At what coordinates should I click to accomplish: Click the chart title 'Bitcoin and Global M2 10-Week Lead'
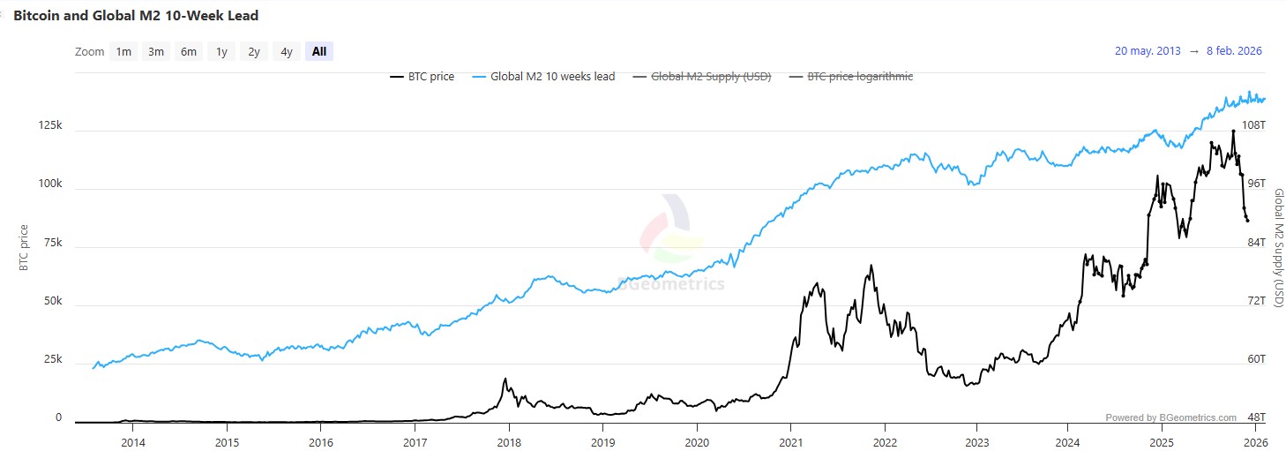click(x=136, y=16)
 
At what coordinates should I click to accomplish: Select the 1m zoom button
click(x=123, y=51)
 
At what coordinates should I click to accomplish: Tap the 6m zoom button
click(x=189, y=51)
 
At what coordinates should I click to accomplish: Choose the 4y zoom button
click(x=287, y=51)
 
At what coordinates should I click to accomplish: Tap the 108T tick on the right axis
click(x=1253, y=125)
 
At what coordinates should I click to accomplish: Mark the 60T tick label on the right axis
click(x=1255, y=359)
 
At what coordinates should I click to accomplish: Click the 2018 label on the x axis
click(x=508, y=442)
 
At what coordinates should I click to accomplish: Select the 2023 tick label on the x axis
click(x=977, y=442)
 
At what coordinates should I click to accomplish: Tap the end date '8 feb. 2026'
click(x=1234, y=51)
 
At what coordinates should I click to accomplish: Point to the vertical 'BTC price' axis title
click(x=24, y=248)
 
